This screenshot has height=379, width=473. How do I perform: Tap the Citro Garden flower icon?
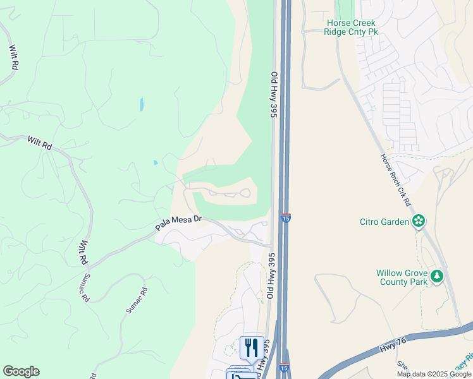point(418,221)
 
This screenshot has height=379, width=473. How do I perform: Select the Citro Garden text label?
point(384,221)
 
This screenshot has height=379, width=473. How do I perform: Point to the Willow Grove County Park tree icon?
point(436,276)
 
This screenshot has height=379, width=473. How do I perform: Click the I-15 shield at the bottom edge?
point(286,368)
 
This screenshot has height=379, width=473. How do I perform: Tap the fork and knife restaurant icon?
point(252,347)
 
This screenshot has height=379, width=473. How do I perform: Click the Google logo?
point(21,371)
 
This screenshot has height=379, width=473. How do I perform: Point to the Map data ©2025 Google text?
point(434,374)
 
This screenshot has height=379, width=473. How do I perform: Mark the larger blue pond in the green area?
point(141,104)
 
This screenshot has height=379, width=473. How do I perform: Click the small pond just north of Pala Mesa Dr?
point(155,162)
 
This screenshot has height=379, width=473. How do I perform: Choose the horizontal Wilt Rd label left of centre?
point(40,143)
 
